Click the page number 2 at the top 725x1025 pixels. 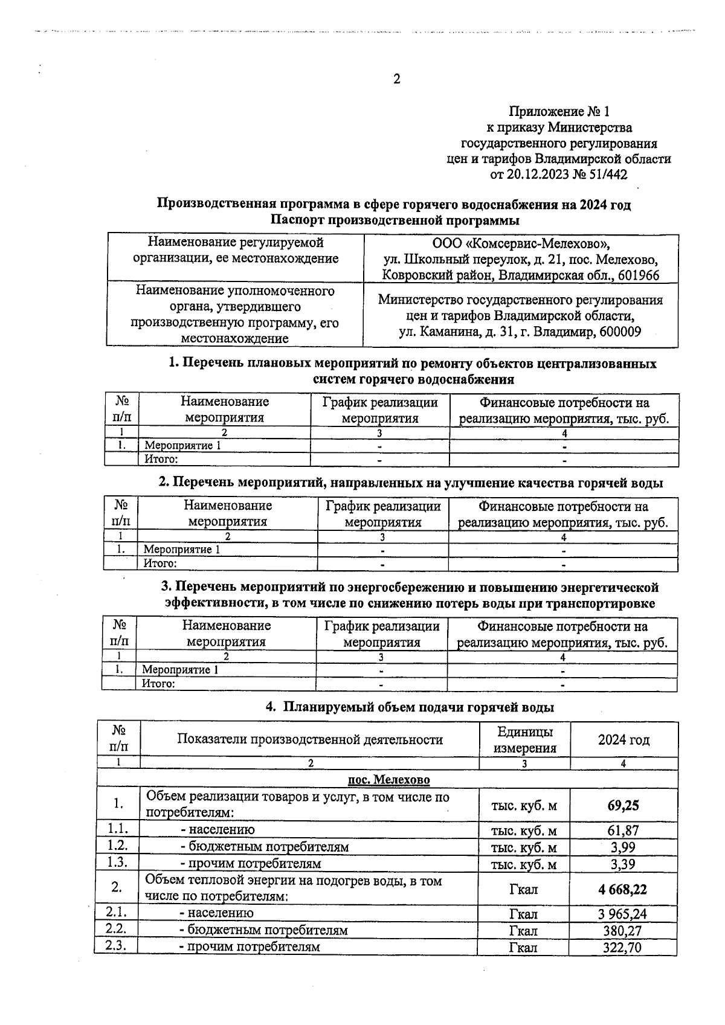(396, 79)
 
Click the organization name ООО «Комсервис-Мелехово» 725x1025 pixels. (521, 244)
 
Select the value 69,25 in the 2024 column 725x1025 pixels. (623, 806)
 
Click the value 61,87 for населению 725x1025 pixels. (623, 831)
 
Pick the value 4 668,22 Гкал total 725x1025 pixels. (623, 889)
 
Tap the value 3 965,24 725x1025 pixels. (623, 914)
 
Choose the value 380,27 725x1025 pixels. (622, 931)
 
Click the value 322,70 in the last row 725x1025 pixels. (622, 947)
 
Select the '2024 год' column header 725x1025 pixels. (623, 740)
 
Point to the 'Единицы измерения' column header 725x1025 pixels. (524, 740)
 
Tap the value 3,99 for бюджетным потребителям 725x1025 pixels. (623, 847)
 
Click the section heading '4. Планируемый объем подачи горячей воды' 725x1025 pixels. (410, 707)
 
